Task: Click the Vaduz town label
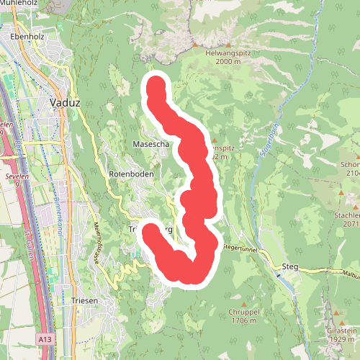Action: tap(64, 103)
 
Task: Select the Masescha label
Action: tap(151, 145)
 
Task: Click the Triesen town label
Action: tap(84, 301)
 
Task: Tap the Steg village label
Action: tap(290, 267)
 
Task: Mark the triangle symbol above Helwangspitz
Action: tap(194, 44)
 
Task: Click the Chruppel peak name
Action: tap(243, 312)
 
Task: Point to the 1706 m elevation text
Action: tap(243, 321)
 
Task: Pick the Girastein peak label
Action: tap(341, 329)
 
